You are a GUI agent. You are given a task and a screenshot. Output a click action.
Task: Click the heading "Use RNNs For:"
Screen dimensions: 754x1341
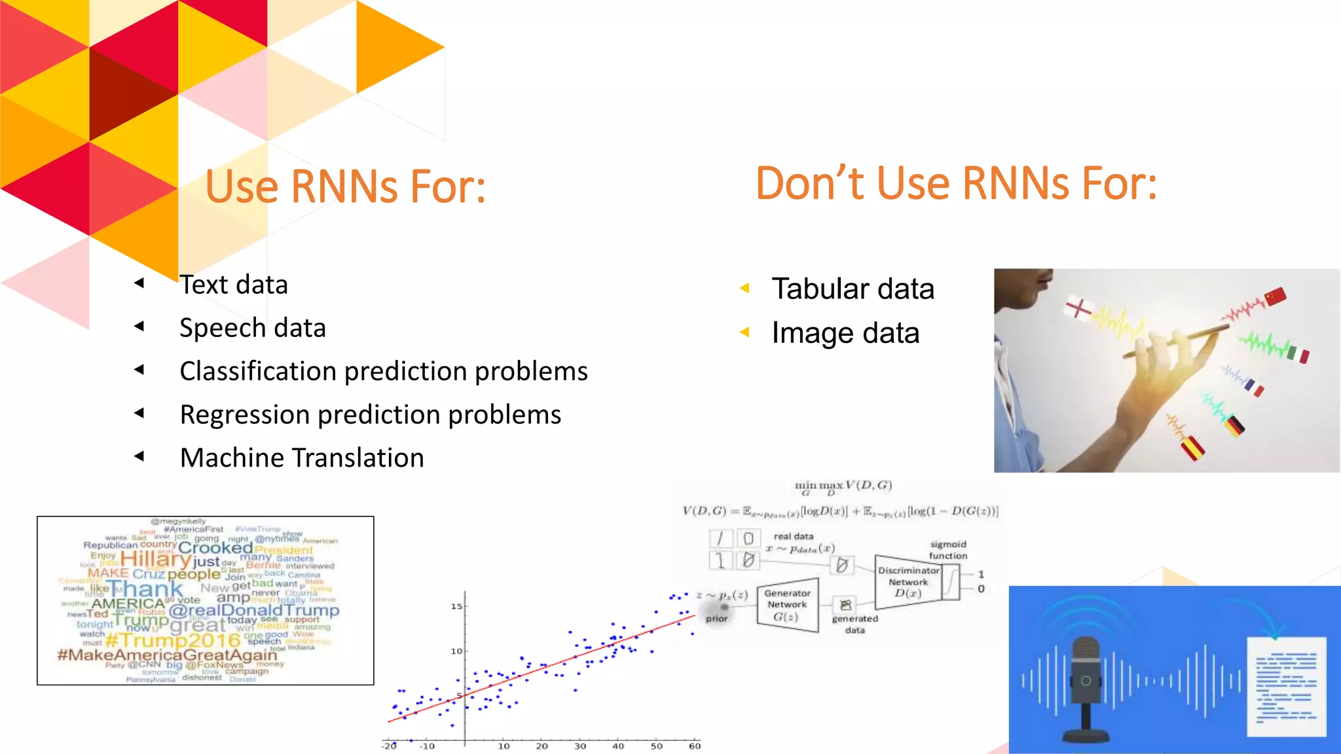pyautogui.click(x=345, y=187)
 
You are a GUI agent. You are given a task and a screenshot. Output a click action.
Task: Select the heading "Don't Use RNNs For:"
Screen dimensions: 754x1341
pyautogui.click(x=956, y=183)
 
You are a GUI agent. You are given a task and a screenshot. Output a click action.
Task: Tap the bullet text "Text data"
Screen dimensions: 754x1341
pyautogui.click(x=234, y=285)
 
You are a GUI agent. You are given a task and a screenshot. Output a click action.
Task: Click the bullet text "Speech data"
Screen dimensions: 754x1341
pyautogui.click(x=253, y=328)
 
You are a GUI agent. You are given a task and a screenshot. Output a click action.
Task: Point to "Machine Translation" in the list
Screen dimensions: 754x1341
pyautogui.click(x=302, y=458)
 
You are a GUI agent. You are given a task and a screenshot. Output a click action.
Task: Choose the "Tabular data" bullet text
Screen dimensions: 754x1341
pyautogui.click(x=853, y=289)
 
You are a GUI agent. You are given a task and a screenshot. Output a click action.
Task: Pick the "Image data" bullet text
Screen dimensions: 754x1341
pyautogui.click(x=845, y=333)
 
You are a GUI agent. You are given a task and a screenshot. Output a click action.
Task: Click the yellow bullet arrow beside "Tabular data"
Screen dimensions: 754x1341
pyautogui.click(x=744, y=288)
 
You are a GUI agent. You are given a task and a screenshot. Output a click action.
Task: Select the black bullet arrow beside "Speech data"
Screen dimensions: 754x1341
pyautogui.click(x=139, y=326)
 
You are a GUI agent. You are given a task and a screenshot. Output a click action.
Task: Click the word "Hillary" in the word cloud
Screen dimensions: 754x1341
pyautogui.click(x=156, y=559)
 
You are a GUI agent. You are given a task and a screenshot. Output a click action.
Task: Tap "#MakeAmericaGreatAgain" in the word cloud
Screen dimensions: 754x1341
pyautogui.click(x=167, y=655)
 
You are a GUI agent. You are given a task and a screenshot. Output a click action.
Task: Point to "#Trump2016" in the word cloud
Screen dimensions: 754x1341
pyautogui.click(x=173, y=639)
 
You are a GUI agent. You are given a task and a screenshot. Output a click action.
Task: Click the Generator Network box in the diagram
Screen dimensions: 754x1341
pyautogui.click(x=787, y=605)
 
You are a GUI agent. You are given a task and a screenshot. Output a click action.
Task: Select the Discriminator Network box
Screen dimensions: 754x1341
pyautogui.click(x=908, y=582)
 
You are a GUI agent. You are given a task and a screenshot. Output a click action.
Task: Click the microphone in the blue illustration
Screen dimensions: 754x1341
pyautogui.click(x=1086, y=687)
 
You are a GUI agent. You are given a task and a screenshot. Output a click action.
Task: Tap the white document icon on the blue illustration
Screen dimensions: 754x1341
pyautogui.click(x=1286, y=686)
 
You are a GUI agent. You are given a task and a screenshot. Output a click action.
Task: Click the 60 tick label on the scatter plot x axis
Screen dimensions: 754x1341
pyautogui.click(x=695, y=746)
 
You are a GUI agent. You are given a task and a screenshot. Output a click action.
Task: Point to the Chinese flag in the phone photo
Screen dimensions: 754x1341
pyautogui.click(x=1275, y=297)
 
